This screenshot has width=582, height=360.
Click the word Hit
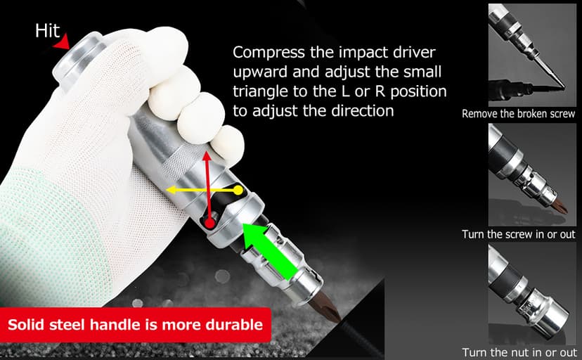(x=47, y=30)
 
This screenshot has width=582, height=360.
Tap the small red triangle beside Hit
(x=64, y=43)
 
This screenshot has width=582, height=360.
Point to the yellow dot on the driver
(x=238, y=190)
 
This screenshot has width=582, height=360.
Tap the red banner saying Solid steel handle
(x=135, y=325)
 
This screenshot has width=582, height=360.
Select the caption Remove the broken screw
(x=518, y=113)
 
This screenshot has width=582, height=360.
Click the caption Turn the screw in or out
(x=518, y=234)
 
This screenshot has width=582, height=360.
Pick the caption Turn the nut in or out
(x=518, y=352)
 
